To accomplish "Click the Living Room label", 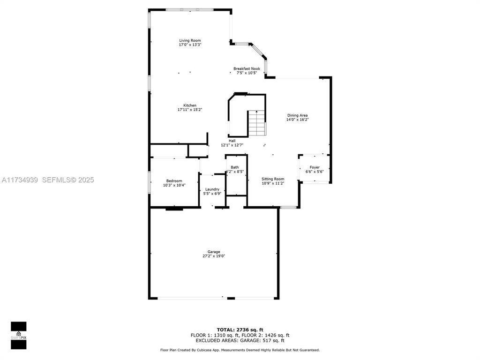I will point(190,41).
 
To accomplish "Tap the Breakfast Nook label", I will point(247,69).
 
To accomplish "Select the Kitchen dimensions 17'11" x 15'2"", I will point(190,110).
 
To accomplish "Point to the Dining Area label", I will point(297,115).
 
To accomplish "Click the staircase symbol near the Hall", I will point(256,123).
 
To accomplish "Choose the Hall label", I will point(232,141).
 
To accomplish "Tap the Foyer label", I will point(315,167).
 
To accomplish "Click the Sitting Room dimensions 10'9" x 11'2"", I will point(273,183).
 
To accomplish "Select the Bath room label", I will point(235,167).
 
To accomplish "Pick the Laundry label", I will point(212,189).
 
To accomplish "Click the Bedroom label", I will point(174,181).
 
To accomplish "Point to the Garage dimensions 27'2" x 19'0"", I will point(214,256).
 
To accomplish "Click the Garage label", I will point(214,252).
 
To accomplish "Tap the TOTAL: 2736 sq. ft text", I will point(240,330).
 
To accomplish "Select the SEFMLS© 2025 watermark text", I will point(68,180).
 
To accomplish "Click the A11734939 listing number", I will point(20,180).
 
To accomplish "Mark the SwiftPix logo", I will point(18,336).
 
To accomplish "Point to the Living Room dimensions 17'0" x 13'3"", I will point(190,45).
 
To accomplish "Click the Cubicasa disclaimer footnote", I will point(240,350).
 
